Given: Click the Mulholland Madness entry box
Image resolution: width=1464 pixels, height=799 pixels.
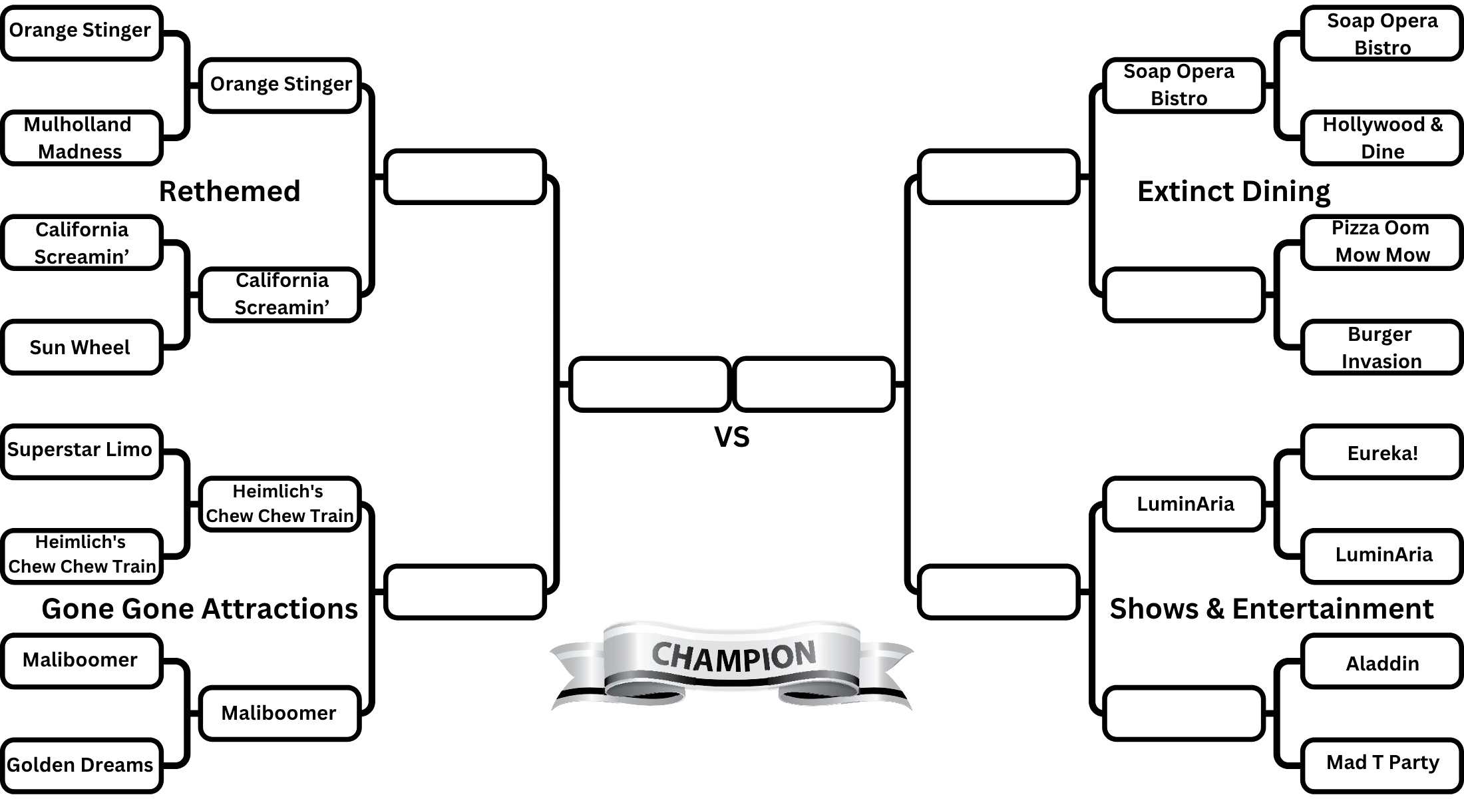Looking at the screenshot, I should pyautogui.click(x=81, y=138).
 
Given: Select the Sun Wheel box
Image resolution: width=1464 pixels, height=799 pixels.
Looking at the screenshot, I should pyautogui.click(x=81, y=348).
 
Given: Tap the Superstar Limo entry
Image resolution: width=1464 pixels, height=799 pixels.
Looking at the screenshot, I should pyautogui.click(x=81, y=451).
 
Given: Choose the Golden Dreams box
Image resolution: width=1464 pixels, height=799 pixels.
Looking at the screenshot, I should pyautogui.click(x=81, y=765).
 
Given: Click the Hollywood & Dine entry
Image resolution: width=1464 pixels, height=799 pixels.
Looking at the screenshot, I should pyautogui.click(x=1381, y=138).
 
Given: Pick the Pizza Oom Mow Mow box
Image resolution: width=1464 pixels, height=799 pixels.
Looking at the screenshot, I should pyautogui.click(x=1381, y=242).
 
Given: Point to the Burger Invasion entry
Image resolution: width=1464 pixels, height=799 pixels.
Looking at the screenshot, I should pyautogui.click(x=1381, y=348).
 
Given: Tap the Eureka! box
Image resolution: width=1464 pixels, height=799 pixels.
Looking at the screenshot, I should pyautogui.click(x=1381, y=453).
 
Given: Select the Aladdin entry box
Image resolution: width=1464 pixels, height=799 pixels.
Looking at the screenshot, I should pyautogui.click(x=1381, y=663).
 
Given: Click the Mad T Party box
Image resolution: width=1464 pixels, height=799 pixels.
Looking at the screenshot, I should pyautogui.click(x=1381, y=763).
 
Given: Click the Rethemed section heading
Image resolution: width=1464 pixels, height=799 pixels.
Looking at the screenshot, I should pyautogui.click(x=230, y=191).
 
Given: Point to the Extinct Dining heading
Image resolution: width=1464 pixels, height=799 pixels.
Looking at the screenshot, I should pyautogui.click(x=1233, y=191).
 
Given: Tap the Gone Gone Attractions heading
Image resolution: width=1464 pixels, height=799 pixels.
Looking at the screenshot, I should pyautogui.click(x=200, y=609).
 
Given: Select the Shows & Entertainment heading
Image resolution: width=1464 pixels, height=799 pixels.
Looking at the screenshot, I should pyautogui.click(x=1271, y=609).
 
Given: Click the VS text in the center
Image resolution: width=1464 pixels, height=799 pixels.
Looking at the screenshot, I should pyautogui.click(x=731, y=437).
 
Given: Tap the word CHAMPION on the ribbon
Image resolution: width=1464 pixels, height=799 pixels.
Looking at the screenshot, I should pyautogui.click(x=733, y=657).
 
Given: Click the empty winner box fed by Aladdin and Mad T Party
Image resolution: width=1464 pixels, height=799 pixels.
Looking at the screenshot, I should pyautogui.click(x=1183, y=713).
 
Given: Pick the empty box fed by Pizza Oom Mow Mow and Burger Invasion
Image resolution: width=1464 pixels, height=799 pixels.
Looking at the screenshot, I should pyautogui.click(x=1183, y=295).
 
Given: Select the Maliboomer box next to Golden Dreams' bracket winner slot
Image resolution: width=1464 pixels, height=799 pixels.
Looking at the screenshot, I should pyautogui.click(x=279, y=713).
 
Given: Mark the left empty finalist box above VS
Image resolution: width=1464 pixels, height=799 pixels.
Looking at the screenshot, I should pyautogui.click(x=650, y=384).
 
